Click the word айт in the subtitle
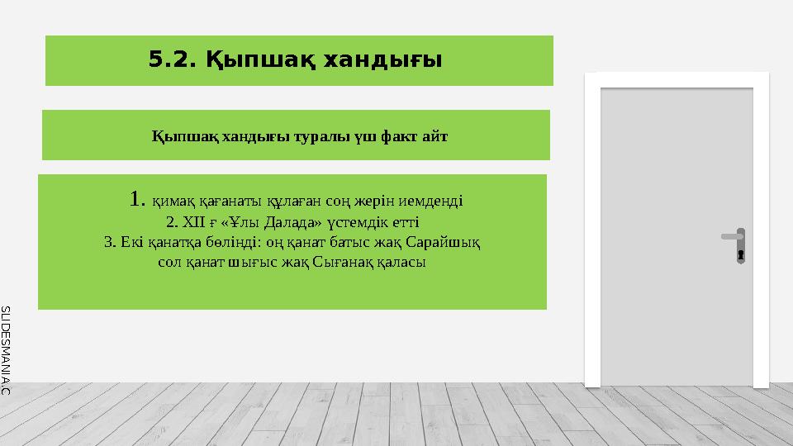(435, 135)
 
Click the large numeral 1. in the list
(138, 199)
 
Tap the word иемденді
(434, 202)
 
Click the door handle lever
(732, 236)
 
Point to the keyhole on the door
(741, 254)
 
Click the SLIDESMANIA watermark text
(6, 347)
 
